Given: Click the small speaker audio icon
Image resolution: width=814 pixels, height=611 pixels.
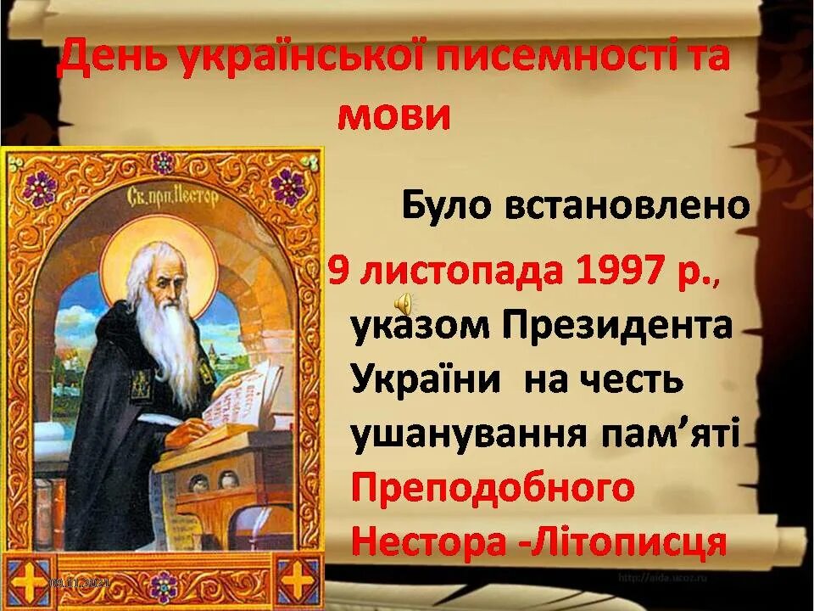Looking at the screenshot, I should click(404, 301).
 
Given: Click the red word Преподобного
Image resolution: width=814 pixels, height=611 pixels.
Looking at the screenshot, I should click(493, 487).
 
